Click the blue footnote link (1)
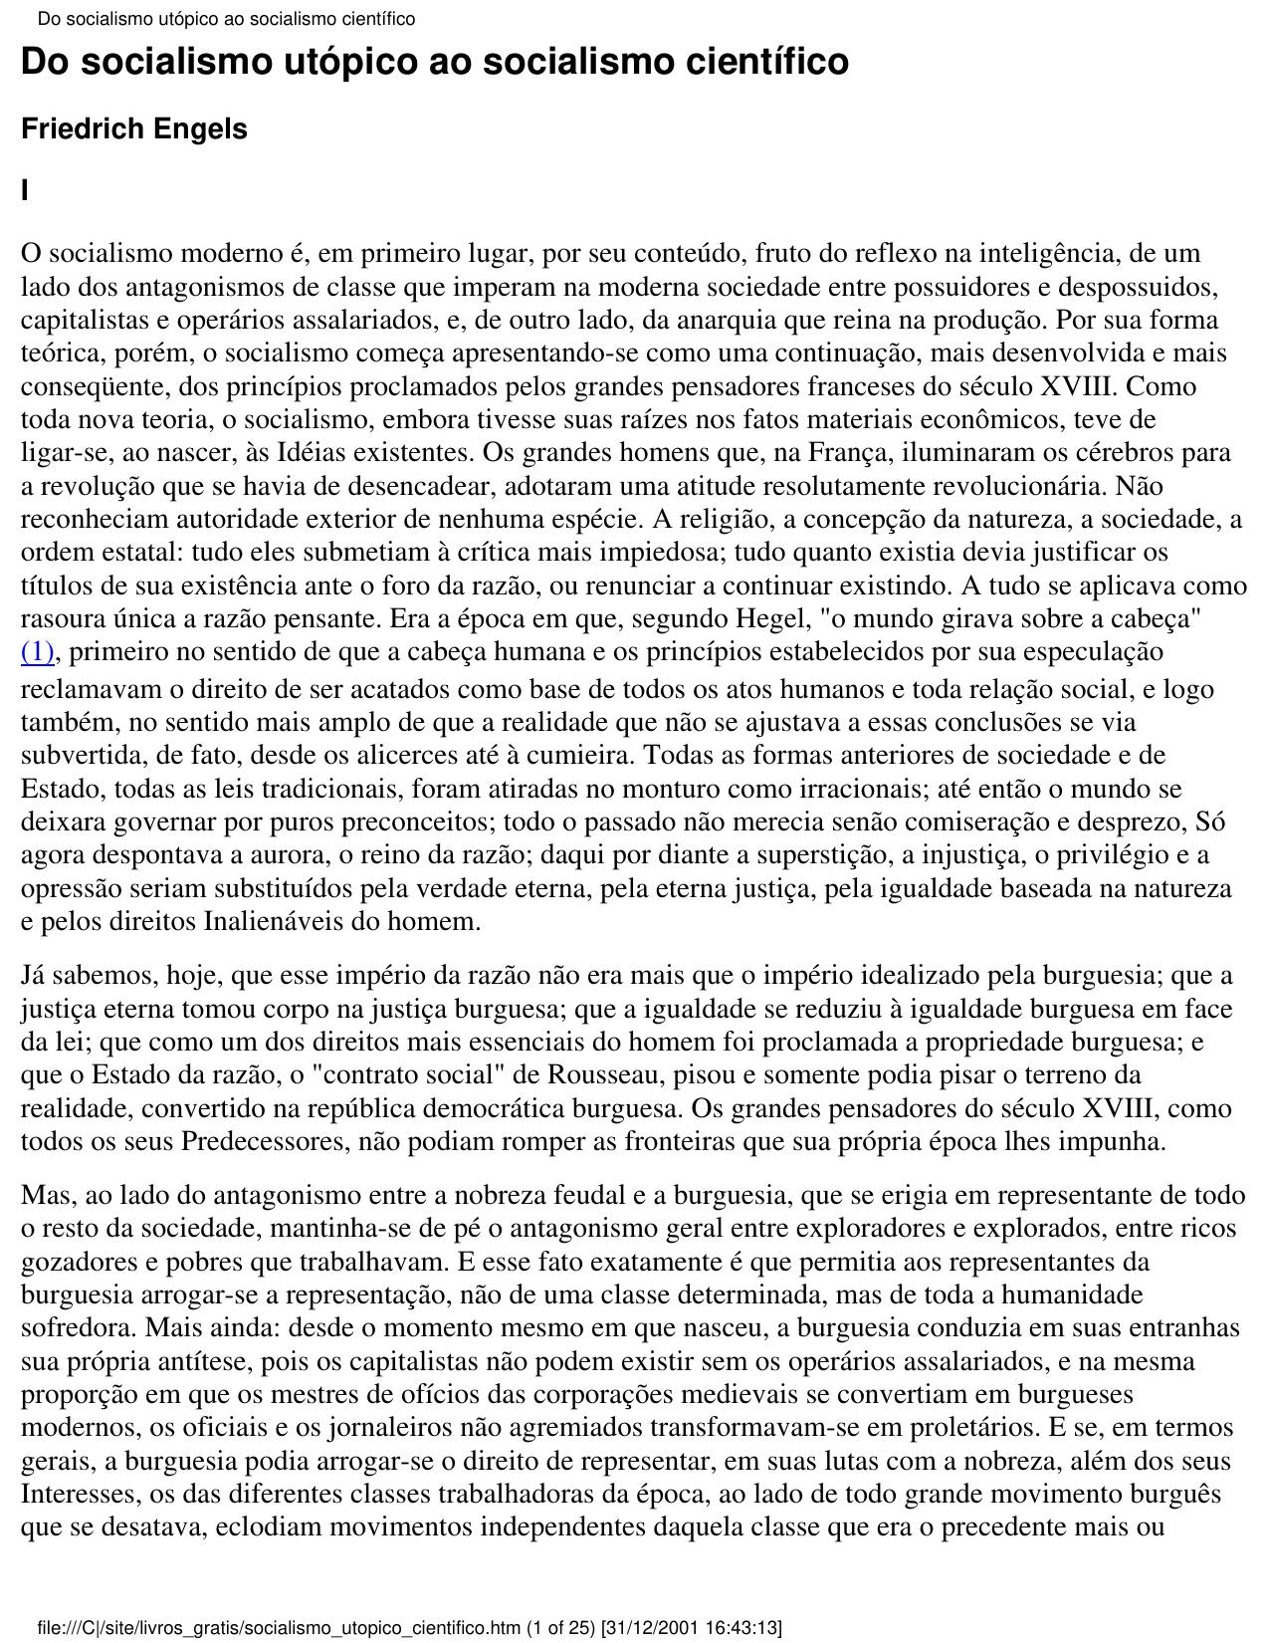37,653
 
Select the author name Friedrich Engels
134,129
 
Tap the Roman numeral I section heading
25,190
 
